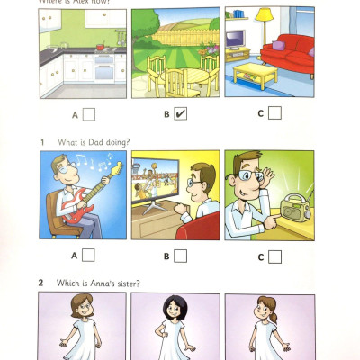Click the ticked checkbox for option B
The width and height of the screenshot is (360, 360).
181,114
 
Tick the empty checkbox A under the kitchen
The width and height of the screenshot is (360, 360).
89,114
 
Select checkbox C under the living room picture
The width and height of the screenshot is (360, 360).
274,113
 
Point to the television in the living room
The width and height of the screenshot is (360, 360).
237,40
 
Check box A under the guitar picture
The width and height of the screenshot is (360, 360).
89,256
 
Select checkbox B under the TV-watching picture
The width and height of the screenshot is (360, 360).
181,256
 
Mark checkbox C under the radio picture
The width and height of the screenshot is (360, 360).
274,256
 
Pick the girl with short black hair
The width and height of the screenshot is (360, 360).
176,328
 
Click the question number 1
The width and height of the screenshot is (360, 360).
41,141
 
